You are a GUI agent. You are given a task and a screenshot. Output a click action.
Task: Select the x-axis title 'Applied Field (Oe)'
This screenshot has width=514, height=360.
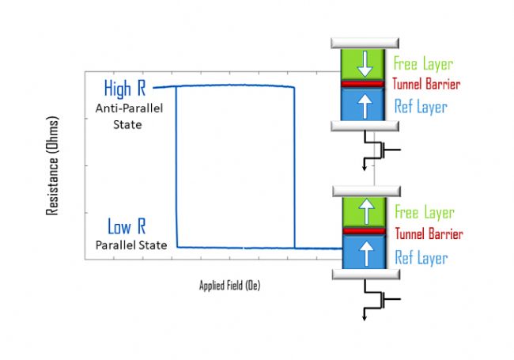(229, 286)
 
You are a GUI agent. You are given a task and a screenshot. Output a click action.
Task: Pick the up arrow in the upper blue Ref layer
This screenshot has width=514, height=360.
(365, 106)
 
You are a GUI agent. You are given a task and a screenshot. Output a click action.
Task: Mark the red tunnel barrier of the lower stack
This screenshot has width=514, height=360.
(365, 231)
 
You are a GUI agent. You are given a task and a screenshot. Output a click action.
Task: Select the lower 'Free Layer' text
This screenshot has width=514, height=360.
(423, 212)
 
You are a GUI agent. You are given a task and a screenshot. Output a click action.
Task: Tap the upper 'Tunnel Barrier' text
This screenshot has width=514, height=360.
(425, 84)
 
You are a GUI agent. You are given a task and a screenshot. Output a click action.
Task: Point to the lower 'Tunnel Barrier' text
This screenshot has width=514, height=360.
(427, 234)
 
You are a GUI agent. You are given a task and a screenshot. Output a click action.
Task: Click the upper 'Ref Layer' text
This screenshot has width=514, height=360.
(419, 107)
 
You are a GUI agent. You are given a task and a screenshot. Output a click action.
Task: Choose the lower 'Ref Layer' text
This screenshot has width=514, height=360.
(419, 257)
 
